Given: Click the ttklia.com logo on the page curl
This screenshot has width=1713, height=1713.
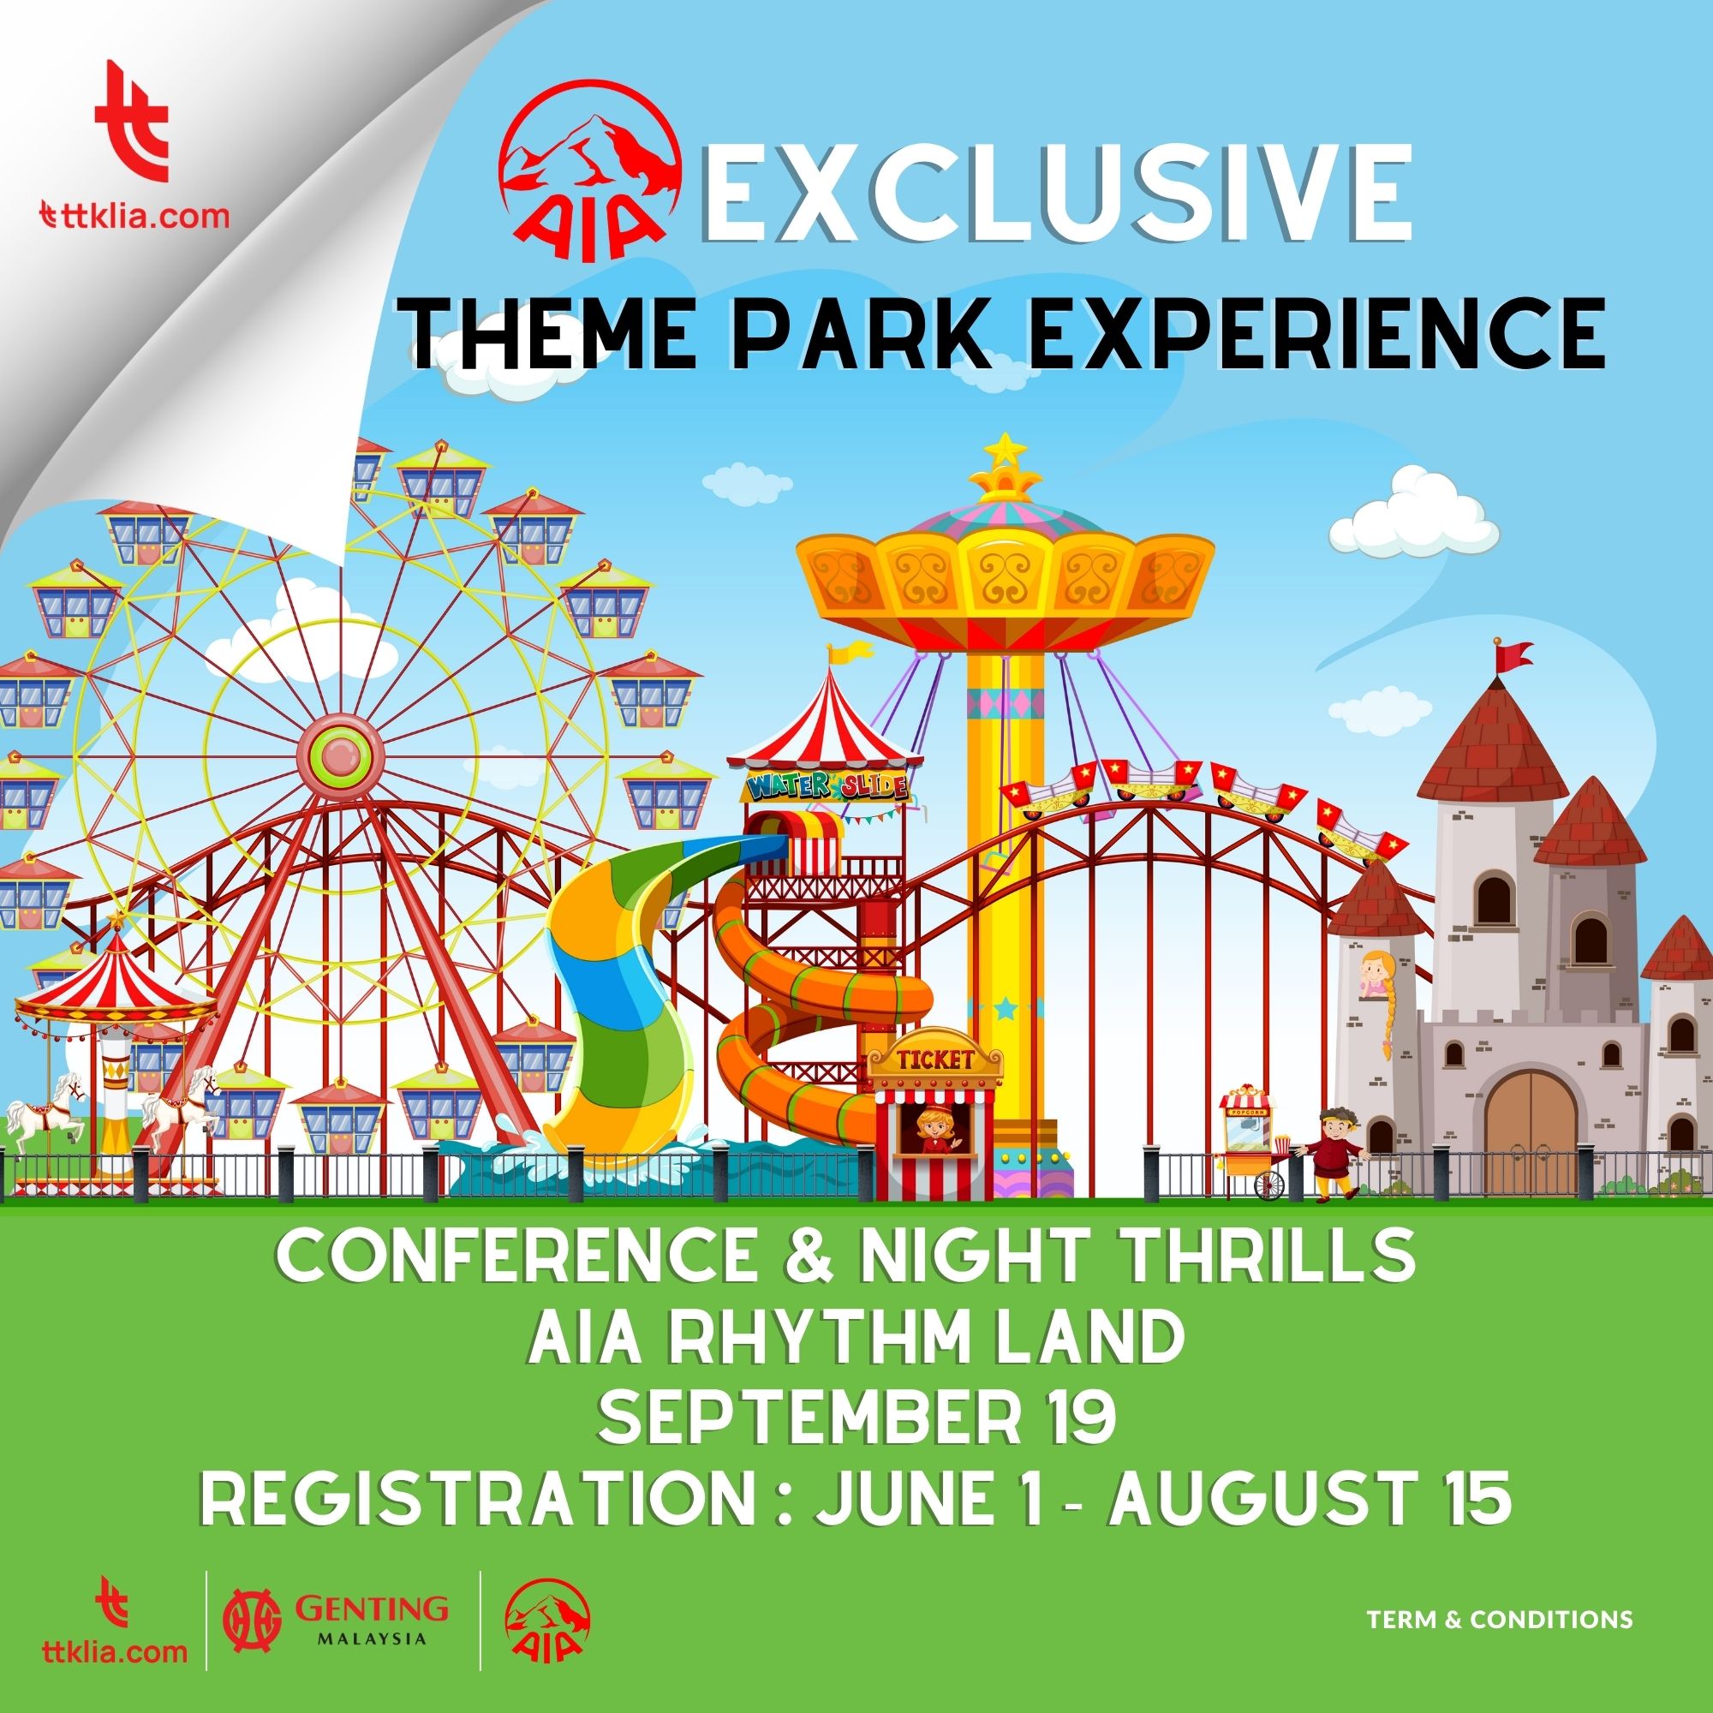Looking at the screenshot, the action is pos(135,148).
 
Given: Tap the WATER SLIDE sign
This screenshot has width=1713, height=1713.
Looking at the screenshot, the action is pos(827,786).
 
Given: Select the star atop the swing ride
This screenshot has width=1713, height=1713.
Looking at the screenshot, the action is pos(1004,449).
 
